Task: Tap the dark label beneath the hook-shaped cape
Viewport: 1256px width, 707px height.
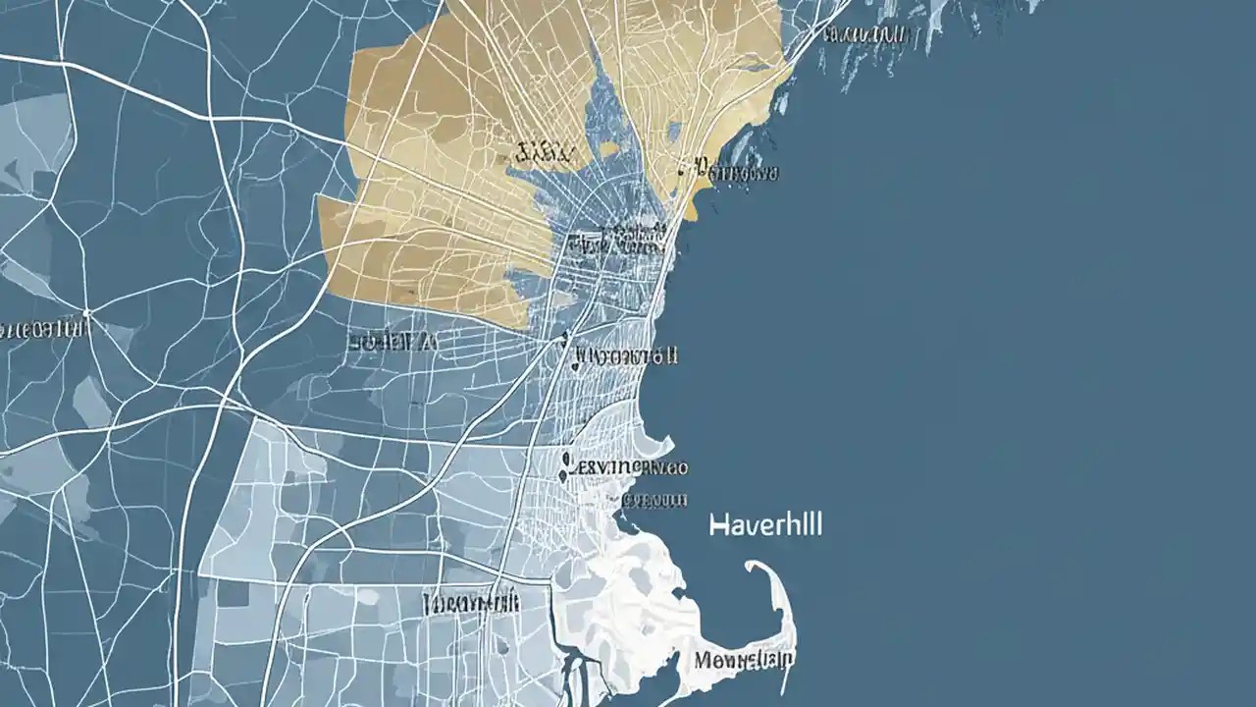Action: (745, 659)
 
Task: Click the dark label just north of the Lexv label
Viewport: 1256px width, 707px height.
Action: (626, 355)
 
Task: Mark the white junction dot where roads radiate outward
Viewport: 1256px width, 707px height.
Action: (86, 315)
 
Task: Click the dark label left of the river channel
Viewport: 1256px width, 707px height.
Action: (470, 602)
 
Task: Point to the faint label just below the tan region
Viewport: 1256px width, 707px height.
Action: (391, 342)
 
